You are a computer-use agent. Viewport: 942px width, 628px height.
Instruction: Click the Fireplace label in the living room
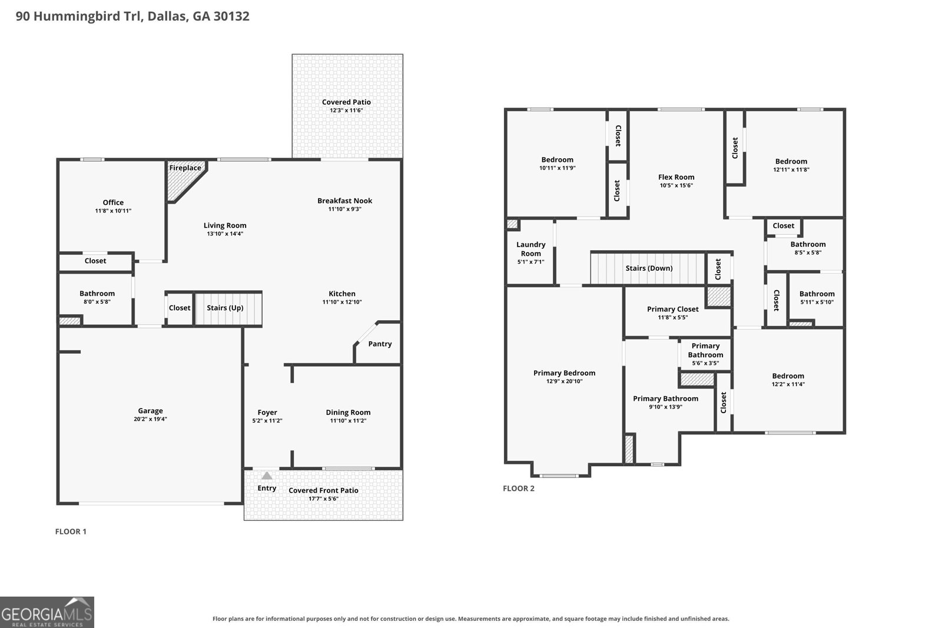pos(185,168)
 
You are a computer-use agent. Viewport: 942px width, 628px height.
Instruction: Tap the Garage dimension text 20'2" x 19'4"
pos(150,419)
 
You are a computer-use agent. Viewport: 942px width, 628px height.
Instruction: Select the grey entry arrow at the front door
pos(267,476)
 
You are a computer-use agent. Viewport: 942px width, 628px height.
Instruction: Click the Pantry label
pos(380,344)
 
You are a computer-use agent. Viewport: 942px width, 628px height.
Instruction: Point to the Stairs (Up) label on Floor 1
pos(225,308)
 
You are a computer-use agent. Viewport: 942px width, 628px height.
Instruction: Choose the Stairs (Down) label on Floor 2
pos(649,268)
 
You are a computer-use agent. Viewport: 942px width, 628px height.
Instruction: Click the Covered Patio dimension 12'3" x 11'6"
pos(346,111)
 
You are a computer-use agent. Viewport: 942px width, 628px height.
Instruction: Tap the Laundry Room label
pos(530,249)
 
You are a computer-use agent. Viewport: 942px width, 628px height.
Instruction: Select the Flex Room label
pos(676,177)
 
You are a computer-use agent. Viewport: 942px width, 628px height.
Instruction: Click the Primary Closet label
pos(673,309)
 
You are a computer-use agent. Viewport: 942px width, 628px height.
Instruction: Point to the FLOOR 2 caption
pos(519,489)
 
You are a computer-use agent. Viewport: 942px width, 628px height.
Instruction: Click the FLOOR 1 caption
pos(71,531)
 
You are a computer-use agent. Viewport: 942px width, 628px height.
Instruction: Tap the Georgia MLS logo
pos(47,612)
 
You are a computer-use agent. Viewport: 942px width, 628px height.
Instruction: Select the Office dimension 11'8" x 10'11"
pos(113,211)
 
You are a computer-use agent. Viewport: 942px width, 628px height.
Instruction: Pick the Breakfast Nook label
pos(345,201)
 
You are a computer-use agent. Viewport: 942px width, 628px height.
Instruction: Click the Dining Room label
pos(348,413)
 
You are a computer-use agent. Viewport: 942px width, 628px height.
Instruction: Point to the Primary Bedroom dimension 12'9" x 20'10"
pos(565,381)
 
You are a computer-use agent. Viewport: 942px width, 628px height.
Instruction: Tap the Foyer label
pos(267,413)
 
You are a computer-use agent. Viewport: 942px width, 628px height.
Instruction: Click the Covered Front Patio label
pos(323,490)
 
